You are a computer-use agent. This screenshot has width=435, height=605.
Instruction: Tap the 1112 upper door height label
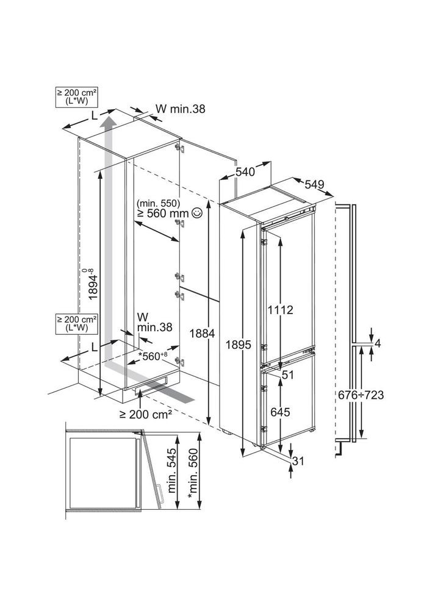coord(280,310)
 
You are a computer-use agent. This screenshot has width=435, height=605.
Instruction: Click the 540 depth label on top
coord(245,173)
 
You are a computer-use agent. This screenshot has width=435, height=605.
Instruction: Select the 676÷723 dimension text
coord(362,395)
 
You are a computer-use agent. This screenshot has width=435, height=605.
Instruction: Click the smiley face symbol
coord(196,213)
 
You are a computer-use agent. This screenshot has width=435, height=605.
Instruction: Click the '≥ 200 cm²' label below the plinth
coord(145,413)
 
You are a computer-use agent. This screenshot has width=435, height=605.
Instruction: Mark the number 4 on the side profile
coord(378,343)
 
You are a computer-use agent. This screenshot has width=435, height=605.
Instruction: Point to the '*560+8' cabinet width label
coord(153,356)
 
